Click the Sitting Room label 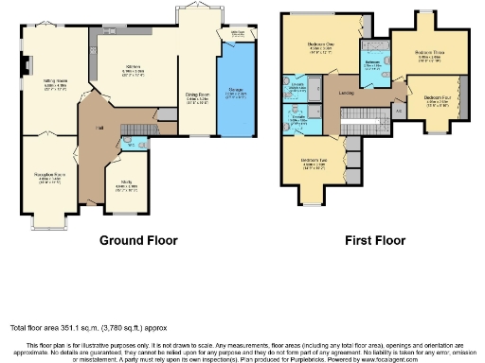54,85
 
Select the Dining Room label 197,97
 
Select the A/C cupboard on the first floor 398,110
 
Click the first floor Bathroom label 372,62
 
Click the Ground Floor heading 139,240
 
